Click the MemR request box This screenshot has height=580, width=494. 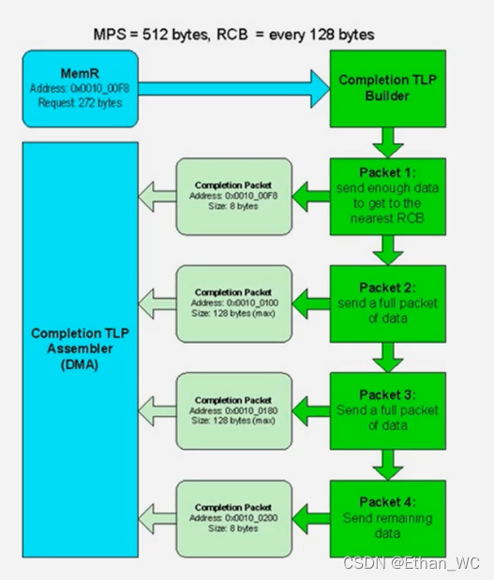(81, 89)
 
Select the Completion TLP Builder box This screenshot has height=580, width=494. (388, 89)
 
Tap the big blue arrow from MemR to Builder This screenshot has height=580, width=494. (233, 89)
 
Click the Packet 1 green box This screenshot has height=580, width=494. (388, 197)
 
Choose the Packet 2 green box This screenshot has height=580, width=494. (388, 304)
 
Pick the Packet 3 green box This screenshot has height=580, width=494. (388, 411)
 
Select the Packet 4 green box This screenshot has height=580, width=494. (388, 518)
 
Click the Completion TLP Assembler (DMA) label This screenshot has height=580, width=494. (81, 349)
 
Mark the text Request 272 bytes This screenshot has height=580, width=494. (81, 103)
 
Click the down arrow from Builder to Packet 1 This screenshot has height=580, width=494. (388, 142)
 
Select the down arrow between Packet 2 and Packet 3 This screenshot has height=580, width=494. (388, 357)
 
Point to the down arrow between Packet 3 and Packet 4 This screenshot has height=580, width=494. (388, 465)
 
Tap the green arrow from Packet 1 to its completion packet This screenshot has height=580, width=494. (311, 197)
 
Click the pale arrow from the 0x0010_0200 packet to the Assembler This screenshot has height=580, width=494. (157, 518)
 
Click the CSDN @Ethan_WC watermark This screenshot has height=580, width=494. (412, 563)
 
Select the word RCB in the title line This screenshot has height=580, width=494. (232, 35)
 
